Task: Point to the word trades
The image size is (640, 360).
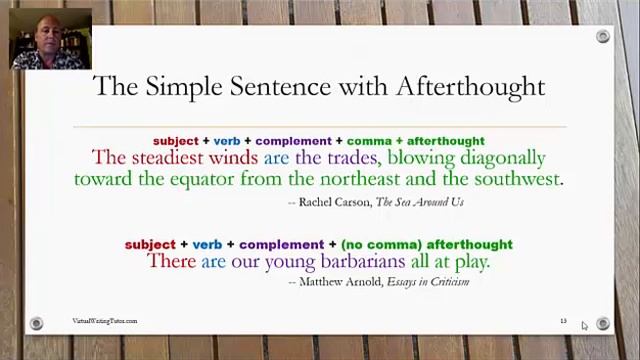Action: pyautogui.click(x=350, y=158)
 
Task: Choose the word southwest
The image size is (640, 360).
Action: pyautogui.click(x=517, y=180)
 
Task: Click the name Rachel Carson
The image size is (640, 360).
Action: pyautogui.click(x=334, y=202)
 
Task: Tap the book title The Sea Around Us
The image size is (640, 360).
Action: pyautogui.click(x=420, y=202)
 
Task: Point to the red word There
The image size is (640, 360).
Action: pyautogui.click(x=171, y=262)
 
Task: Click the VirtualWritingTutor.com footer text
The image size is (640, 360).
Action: pyautogui.click(x=104, y=321)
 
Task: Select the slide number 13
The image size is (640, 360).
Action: pyautogui.click(x=563, y=321)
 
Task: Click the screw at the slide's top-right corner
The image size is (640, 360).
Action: pyautogui.click(x=602, y=37)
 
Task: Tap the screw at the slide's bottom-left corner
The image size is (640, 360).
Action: pyautogui.click(x=37, y=323)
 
